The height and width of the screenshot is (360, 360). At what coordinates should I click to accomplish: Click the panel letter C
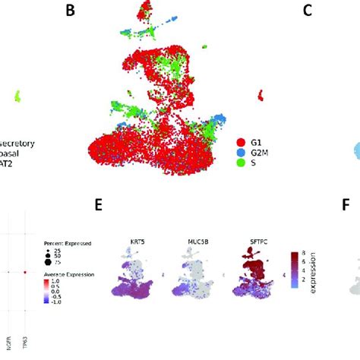(x=286, y=11)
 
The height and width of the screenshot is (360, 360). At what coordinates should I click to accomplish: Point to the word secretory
(x=29, y=142)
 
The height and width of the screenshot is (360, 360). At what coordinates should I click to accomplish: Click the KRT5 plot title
(x=134, y=245)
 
